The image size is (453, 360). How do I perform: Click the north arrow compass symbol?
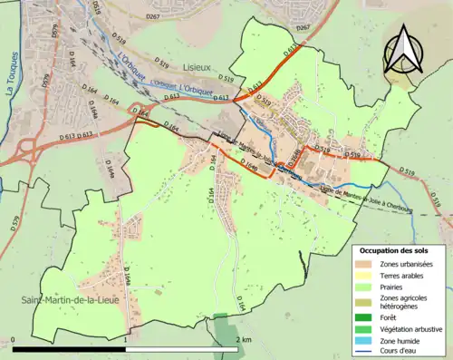coord(405,49)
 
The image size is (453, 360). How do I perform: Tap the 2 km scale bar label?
coord(242,339)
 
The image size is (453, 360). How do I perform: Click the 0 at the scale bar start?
coord(14,339)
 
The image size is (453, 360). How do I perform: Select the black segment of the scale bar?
coord(69,349)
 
